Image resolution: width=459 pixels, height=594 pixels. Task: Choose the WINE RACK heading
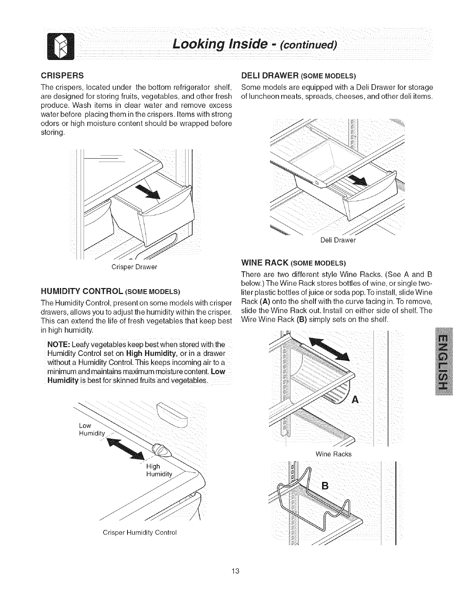coord(294,261)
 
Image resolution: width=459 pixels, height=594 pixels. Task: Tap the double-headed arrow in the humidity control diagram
coord(126,449)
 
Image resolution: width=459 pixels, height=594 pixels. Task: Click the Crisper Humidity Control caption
coord(139,532)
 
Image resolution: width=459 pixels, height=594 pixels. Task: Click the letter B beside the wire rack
coord(325,486)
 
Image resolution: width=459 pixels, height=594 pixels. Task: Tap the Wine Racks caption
coord(333,454)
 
